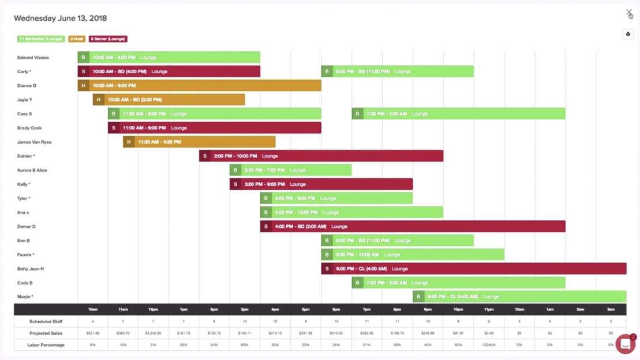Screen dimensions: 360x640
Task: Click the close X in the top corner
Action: [x=629, y=13]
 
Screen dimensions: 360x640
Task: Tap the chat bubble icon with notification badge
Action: [x=625, y=344]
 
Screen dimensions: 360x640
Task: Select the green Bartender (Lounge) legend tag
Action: [x=40, y=39]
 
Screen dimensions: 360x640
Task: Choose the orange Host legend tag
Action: [x=77, y=39]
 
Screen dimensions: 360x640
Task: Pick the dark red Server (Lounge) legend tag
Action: [x=108, y=39]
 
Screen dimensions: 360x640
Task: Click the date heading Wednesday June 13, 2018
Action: [x=61, y=18]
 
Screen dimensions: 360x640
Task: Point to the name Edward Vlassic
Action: [x=33, y=58]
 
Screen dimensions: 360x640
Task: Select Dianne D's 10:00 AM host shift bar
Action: [x=199, y=85]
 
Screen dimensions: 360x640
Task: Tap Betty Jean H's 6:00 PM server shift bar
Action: [x=473, y=269]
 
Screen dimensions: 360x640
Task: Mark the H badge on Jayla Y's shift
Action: [x=99, y=100]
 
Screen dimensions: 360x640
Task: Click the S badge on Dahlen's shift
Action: [x=205, y=156]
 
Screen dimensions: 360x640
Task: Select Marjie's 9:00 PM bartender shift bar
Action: [x=519, y=297]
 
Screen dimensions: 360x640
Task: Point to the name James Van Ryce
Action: [x=34, y=142]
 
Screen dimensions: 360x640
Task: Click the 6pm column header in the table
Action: [x=336, y=309]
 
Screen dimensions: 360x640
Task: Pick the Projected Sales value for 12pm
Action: [x=154, y=333]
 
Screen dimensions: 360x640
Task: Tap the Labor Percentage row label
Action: [x=46, y=345]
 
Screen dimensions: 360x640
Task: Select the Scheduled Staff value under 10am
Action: [x=93, y=321]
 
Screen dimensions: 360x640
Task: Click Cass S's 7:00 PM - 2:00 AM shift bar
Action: [x=458, y=114]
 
